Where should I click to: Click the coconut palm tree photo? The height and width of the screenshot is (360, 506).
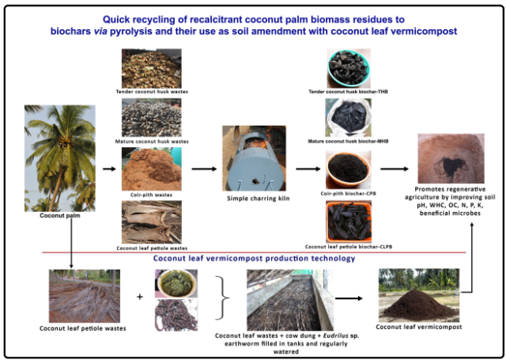click(x=59, y=157)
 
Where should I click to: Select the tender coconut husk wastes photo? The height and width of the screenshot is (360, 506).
click(x=151, y=67)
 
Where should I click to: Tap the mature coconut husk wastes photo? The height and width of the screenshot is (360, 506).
click(x=151, y=118)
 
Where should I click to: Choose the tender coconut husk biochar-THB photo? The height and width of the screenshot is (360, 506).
click(x=350, y=70)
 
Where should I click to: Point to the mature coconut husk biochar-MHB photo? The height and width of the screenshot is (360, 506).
click(x=350, y=117)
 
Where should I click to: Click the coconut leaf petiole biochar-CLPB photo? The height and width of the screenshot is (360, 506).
click(x=350, y=221)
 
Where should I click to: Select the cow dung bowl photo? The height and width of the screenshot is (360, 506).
click(x=176, y=282)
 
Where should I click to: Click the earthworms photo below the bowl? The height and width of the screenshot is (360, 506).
click(x=176, y=313)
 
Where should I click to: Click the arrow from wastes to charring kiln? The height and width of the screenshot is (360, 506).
click(x=203, y=169)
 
